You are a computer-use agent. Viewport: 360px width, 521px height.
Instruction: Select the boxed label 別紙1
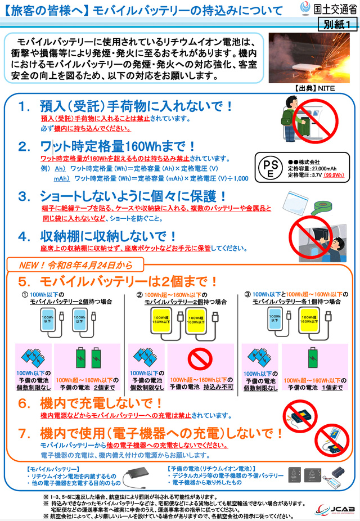(337, 24)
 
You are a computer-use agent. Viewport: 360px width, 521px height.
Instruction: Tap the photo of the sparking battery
(310, 58)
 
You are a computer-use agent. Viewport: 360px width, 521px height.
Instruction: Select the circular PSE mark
(271, 168)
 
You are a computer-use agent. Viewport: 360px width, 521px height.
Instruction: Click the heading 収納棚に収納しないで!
(117, 236)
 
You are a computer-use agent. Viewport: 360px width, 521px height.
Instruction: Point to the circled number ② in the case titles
(139, 294)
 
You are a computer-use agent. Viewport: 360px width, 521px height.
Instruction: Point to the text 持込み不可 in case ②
(214, 387)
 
